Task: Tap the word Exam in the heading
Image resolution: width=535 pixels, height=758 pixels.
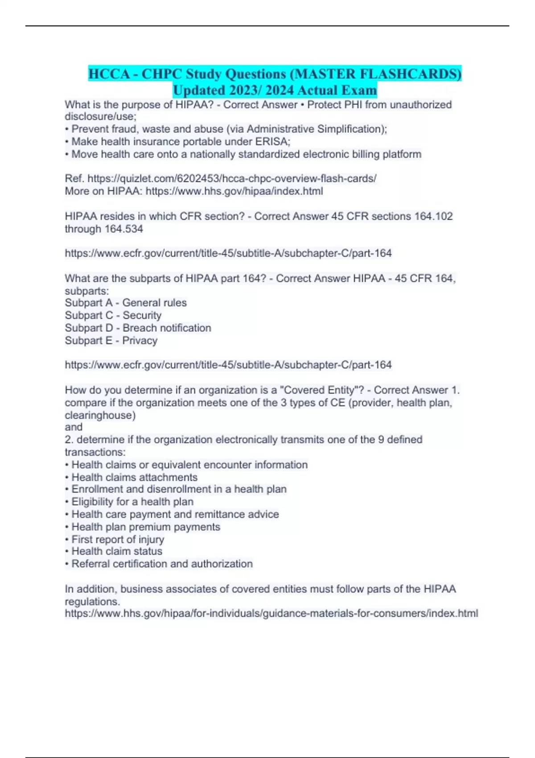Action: [x=359, y=90]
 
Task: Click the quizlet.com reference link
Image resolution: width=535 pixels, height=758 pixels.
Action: [x=232, y=178]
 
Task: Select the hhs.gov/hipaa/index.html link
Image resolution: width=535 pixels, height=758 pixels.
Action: [x=234, y=191]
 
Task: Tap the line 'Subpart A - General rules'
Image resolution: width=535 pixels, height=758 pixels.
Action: [x=126, y=303]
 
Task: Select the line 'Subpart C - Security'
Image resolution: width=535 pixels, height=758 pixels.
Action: [x=113, y=315]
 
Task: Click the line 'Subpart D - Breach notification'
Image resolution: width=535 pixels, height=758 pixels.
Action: [x=138, y=328]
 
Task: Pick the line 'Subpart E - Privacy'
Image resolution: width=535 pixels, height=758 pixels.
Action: [x=111, y=340]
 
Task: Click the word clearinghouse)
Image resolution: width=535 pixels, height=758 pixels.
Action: [x=100, y=415]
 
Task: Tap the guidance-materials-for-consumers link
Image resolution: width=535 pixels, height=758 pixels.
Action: [x=272, y=613]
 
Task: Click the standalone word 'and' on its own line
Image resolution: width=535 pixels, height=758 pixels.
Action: [x=74, y=427]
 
